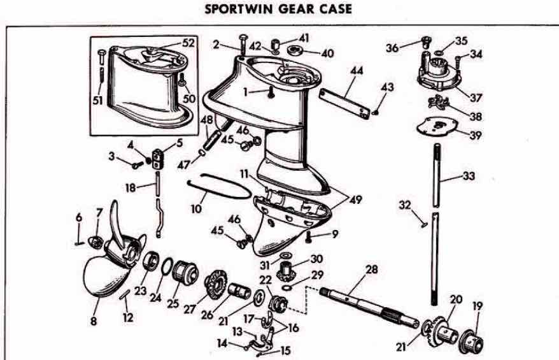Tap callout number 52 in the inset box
coord(189,43)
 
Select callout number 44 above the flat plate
coord(357,71)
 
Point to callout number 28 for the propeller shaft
coord(372,270)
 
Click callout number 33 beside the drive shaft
coord(468,175)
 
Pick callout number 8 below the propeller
coord(94,322)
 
